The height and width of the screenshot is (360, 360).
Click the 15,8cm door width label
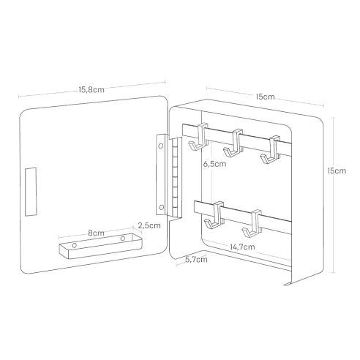pyautogui.click(x=91, y=90)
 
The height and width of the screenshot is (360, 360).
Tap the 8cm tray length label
pyautogui.click(x=96, y=233)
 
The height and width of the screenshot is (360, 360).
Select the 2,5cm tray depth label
pyautogui.click(x=149, y=225)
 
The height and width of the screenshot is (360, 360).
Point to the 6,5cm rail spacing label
pyautogui.click(x=214, y=164)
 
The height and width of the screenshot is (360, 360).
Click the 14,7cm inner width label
pyautogui.click(x=242, y=247)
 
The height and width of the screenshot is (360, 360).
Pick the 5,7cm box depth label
pyautogui.click(x=196, y=260)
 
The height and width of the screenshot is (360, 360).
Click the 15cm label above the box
pyautogui.click(x=265, y=97)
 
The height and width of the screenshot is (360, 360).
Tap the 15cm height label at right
pyautogui.click(x=337, y=170)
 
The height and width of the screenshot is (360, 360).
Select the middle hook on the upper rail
pyautogui.click(x=233, y=143)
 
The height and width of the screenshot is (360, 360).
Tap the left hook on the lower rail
pyautogui.click(x=214, y=216)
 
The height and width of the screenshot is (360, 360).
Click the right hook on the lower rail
pyautogui.click(x=252, y=223)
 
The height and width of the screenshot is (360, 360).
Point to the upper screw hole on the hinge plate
pyautogui.click(x=161, y=146)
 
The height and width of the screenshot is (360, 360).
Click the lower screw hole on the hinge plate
pyautogui.click(x=161, y=208)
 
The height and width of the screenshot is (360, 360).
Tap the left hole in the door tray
pyautogui.click(x=75, y=245)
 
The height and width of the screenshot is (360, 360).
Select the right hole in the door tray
pyautogui.click(x=123, y=238)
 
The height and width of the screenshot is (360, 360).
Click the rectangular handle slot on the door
pyautogui.click(x=31, y=192)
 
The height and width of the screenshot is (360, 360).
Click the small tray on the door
pyautogui.click(x=100, y=246)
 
